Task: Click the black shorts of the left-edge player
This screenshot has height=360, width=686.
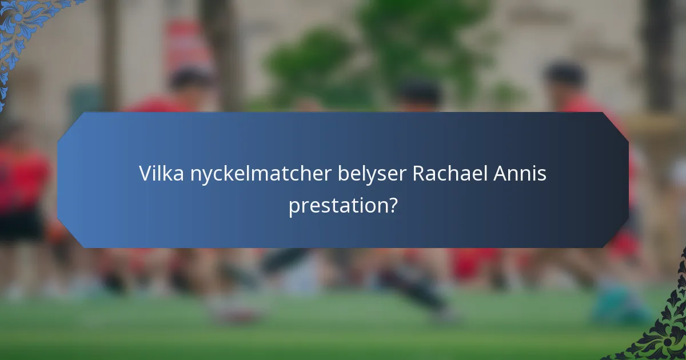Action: click(x=20, y=226)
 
